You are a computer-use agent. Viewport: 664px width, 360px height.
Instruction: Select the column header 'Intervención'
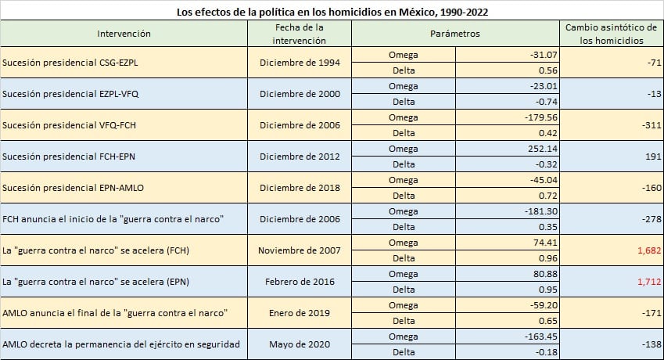(124, 34)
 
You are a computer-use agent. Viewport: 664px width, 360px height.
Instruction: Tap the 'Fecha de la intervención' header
(299, 34)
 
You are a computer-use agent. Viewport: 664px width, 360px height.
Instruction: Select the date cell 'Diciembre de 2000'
(299, 93)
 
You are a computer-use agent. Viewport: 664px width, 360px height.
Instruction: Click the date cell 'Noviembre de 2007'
(299, 250)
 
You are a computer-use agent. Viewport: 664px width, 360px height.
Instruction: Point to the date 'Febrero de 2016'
(299, 282)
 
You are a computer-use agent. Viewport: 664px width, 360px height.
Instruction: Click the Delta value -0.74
(543, 102)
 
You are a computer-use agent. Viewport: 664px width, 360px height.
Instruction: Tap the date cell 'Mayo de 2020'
(299, 344)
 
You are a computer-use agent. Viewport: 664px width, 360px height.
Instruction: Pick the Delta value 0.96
(545, 258)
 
